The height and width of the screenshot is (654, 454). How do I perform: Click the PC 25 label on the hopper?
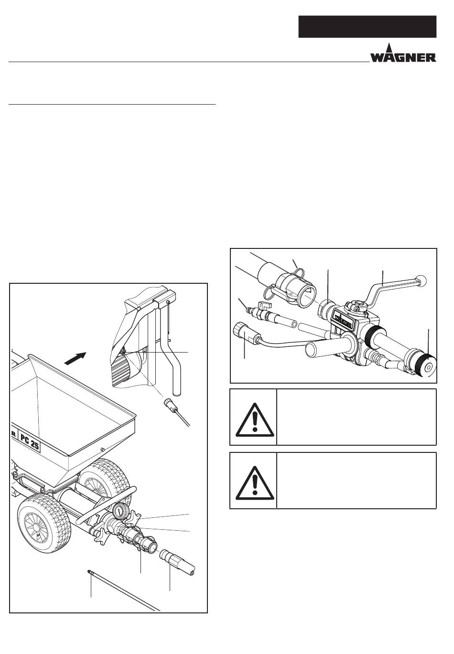(x=30, y=443)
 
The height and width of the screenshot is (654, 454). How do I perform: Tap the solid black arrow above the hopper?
(x=76, y=358)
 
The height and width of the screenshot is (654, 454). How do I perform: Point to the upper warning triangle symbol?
(x=255, y=420)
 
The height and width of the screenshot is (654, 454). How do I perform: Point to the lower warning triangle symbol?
(x=255, y=483)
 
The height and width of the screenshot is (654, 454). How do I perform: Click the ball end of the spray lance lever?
(x=421, y=280)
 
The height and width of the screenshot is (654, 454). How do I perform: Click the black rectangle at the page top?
(x=367, y=27)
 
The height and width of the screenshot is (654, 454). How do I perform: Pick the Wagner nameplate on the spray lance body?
(x=344, y=318)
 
